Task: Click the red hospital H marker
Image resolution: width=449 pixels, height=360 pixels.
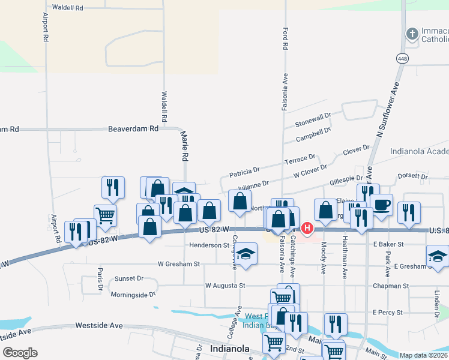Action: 307,228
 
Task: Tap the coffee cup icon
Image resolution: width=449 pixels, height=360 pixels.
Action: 382,205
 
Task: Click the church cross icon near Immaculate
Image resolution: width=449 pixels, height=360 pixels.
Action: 412,34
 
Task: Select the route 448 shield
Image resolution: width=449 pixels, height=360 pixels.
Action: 401,58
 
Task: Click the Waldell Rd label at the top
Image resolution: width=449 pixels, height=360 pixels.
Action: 67,8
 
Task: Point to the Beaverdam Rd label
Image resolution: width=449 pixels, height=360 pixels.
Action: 133,129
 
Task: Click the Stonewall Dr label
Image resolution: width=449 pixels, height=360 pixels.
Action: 313,120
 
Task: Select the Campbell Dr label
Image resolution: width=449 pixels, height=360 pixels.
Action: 313,134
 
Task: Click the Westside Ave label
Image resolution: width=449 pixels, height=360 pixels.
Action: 98,325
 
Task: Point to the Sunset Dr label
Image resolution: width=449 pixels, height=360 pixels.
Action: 129,278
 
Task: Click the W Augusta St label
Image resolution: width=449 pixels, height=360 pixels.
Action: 225,286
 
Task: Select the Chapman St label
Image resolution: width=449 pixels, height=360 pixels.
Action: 390,286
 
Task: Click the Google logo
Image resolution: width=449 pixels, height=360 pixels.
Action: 20,353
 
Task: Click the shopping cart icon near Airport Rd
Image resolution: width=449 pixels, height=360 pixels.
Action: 105,215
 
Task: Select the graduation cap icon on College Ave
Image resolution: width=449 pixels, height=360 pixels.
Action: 246,254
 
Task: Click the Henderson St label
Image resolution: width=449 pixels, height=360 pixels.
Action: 209,245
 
